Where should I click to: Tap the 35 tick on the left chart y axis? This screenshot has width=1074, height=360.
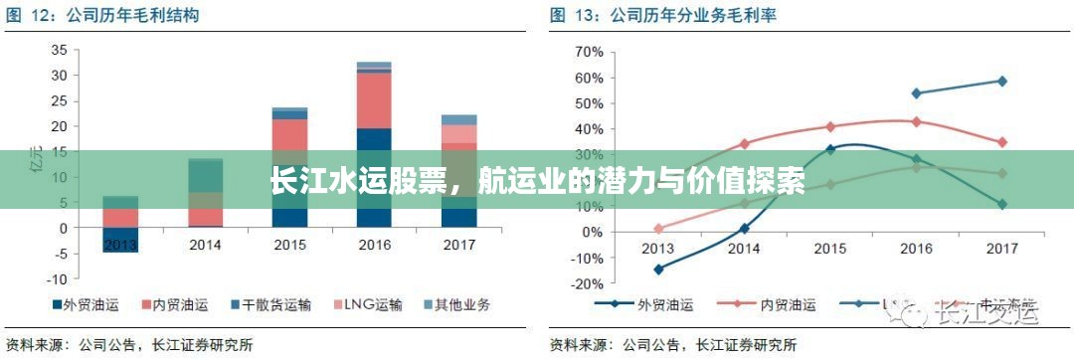(x=59, y=50)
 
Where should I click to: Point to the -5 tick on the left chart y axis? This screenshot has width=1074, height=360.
(x=59, y=254)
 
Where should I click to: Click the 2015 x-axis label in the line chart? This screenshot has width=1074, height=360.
(x=829, y=248)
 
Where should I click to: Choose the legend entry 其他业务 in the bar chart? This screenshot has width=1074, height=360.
(x=457, y=304)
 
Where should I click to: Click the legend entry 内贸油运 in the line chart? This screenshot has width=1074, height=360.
(x=786, y=305)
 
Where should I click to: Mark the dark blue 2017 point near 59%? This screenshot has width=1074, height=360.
(x=1001, y=81)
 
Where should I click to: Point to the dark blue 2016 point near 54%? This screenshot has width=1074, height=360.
(x=916, y=93)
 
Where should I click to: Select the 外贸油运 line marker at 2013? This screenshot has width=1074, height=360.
(x=658, y=269)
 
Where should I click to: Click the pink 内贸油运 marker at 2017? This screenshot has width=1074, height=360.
(x=1001, y=142)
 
